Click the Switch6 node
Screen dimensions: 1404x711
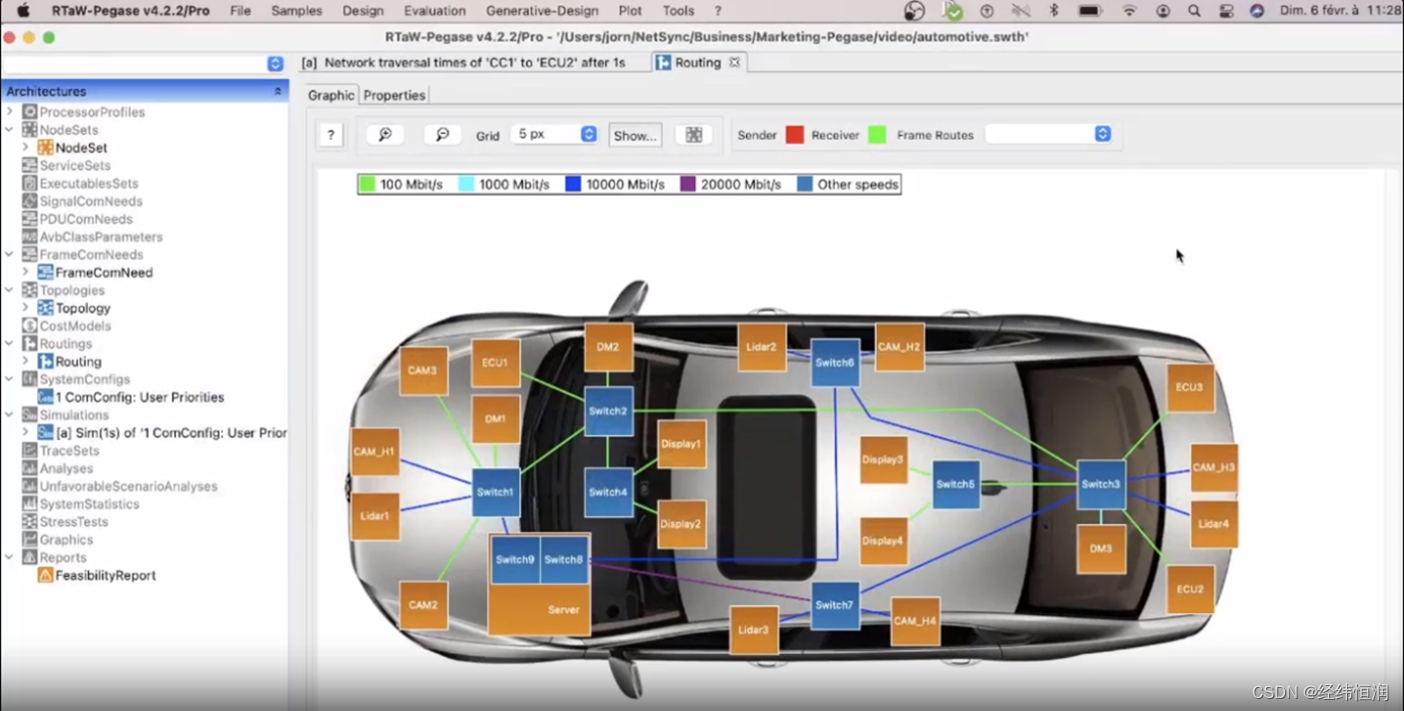pos(834,362)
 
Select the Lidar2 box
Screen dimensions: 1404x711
pos(761,348)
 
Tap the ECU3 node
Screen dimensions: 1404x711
pos(1189,387)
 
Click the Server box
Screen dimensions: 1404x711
pos(539,609)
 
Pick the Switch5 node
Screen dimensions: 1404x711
pos(956,484)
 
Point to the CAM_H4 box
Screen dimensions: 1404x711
pos(915,621)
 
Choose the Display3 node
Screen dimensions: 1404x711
pos(883,460)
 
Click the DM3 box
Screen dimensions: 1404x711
pos(1100,548)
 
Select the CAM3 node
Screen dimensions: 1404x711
pos(422,370)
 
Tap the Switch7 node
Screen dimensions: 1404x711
pos(834,605)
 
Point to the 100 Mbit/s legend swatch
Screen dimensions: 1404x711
pos(367,185)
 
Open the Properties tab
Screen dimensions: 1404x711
pos(394,95)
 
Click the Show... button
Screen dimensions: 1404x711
pos(635,135)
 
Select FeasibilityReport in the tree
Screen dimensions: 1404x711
pos(105,575)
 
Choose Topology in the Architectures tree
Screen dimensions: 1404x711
pos(83,309)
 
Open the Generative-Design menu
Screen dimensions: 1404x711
pos(542,11)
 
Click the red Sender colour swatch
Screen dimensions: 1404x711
pos(795,135)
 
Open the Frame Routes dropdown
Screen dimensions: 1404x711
pos(1049,134)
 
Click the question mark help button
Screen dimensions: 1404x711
pos(331,135)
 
